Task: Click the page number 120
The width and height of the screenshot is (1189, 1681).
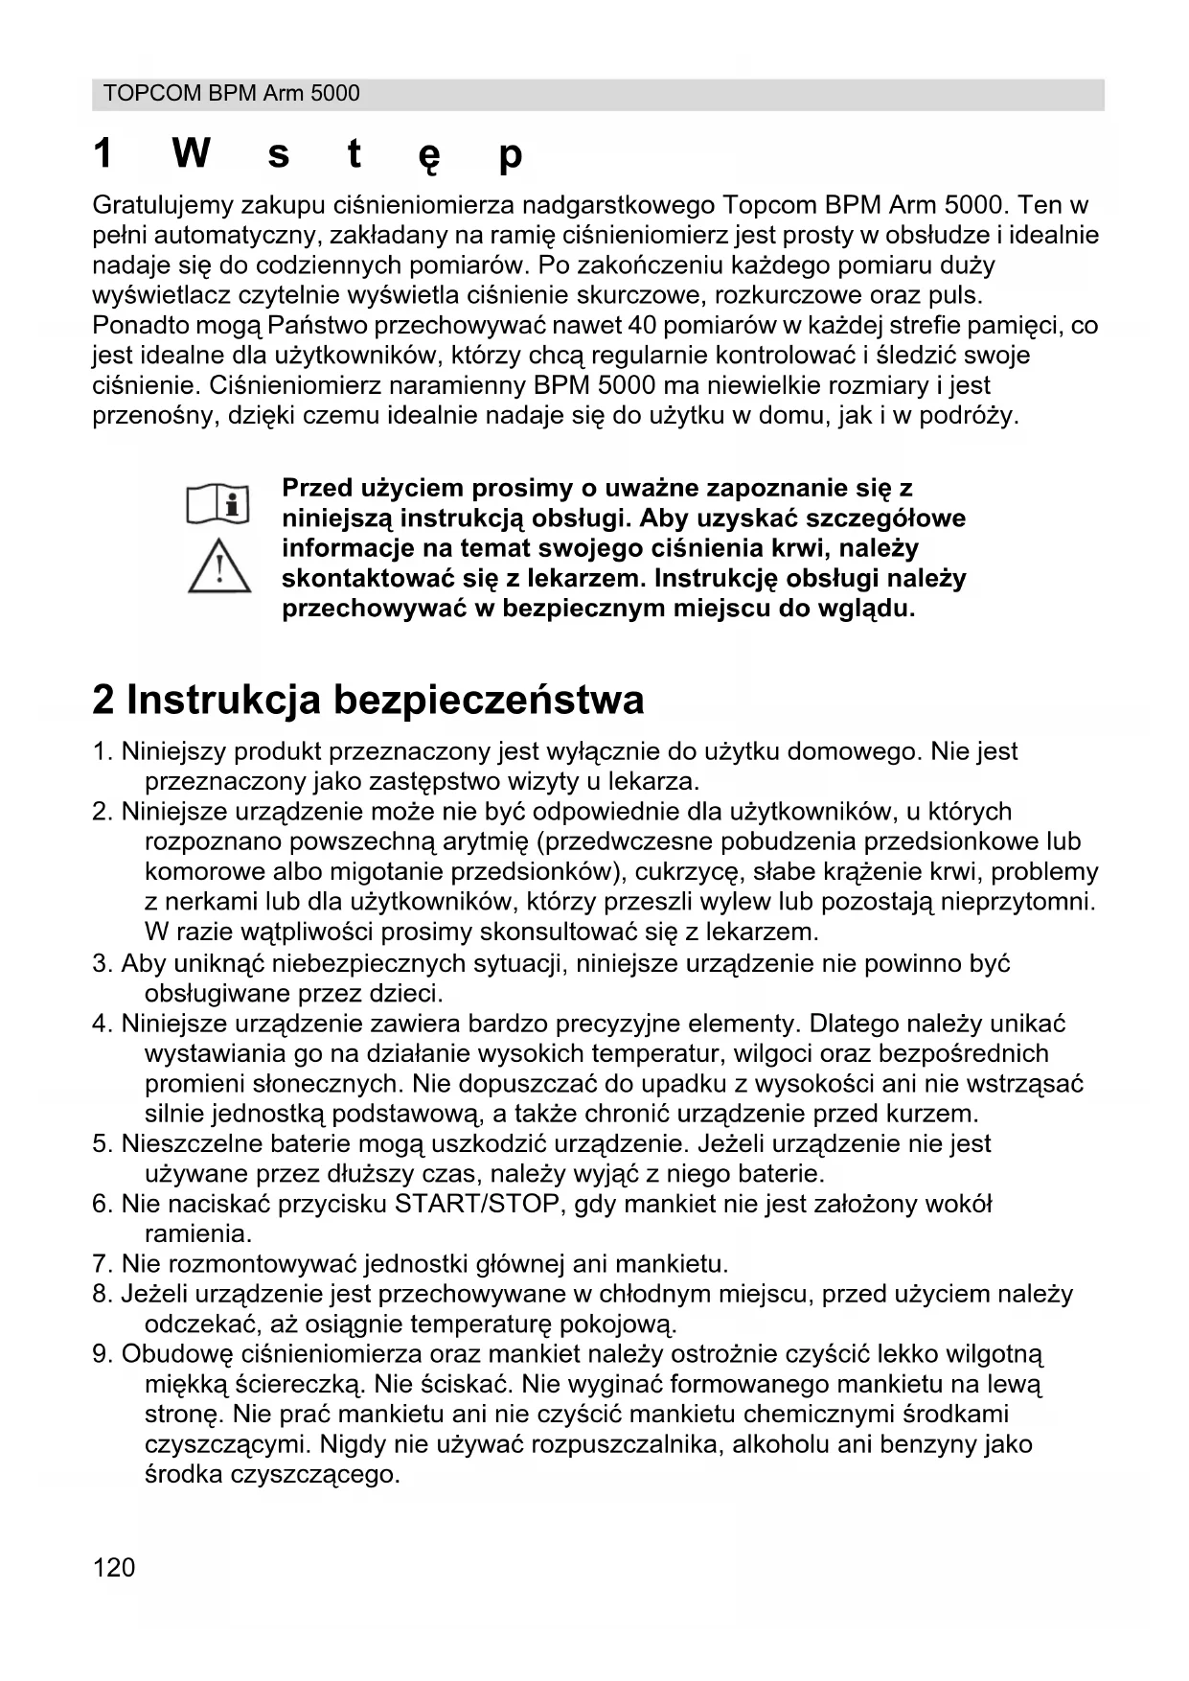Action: tap(114, 1567)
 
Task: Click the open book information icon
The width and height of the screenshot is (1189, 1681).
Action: tap(218, 504)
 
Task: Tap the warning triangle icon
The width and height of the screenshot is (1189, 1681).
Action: tap(219, 565)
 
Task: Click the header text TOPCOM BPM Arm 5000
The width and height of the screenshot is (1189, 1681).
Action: tap(231, 94)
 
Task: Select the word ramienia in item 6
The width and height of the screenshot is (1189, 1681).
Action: tap(197, 1233)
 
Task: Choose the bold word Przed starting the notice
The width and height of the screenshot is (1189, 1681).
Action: tap(317, 489)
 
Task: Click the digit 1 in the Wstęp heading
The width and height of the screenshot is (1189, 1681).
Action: tap(103, 153)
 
